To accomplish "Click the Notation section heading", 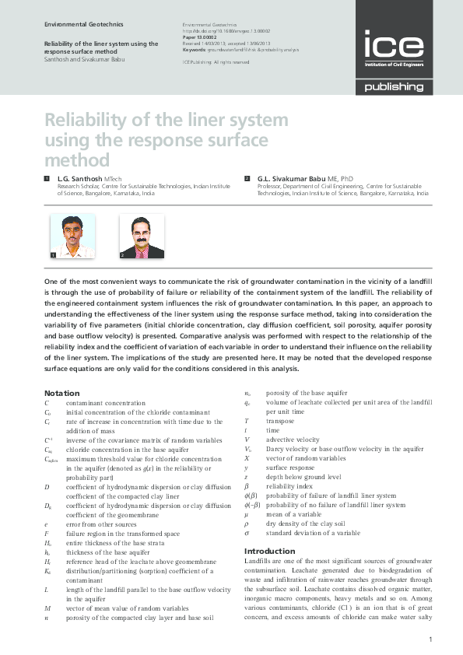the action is (61, 393).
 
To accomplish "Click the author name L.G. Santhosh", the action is (85, 179).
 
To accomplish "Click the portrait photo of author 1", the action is (72, 236).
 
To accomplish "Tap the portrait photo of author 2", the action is (141, 236).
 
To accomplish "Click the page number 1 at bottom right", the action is (430, 639).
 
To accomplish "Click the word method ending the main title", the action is (77, 160).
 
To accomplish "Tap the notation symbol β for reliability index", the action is (246, 485).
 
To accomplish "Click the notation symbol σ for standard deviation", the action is (246, 533).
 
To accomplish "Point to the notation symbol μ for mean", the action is (246, 513).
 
